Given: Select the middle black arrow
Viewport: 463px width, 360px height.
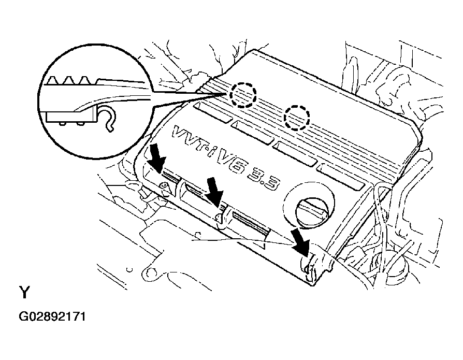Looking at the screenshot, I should [213, 190].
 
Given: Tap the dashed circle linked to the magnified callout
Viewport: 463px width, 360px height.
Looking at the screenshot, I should [243, 94].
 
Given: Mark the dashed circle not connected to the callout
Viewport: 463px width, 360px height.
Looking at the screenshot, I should [297, 117].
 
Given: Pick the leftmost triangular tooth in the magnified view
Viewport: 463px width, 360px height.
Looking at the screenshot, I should [54, 80].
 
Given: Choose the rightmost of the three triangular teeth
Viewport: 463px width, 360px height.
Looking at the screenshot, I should [85, 80].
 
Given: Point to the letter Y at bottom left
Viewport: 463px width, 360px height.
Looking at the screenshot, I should [24, 293].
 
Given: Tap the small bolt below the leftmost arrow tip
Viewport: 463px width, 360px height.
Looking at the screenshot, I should [164, 184].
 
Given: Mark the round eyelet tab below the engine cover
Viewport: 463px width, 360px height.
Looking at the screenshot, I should [150, 271].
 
